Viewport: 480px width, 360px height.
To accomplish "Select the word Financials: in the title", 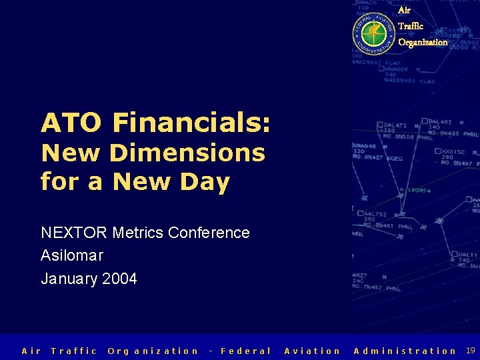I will [x=192, y=123].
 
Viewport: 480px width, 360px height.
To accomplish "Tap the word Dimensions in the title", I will [x=187, y=153].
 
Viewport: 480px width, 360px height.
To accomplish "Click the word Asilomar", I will [x=72, y=255].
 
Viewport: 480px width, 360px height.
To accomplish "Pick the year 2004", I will [x=120, y=279].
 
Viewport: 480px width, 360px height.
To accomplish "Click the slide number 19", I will [x=471, y=350].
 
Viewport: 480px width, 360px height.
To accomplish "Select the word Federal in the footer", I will [x=246, y=351].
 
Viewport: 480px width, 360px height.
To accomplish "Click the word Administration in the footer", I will [x=405, y=351].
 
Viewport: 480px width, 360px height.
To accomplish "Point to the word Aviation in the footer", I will [x=312, y=351].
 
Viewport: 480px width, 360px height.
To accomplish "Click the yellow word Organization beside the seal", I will [x=423, y=42].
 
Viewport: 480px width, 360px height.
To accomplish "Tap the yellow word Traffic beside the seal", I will [x=410, y=26].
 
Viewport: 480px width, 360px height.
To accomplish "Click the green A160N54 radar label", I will [x=415, y=190].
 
